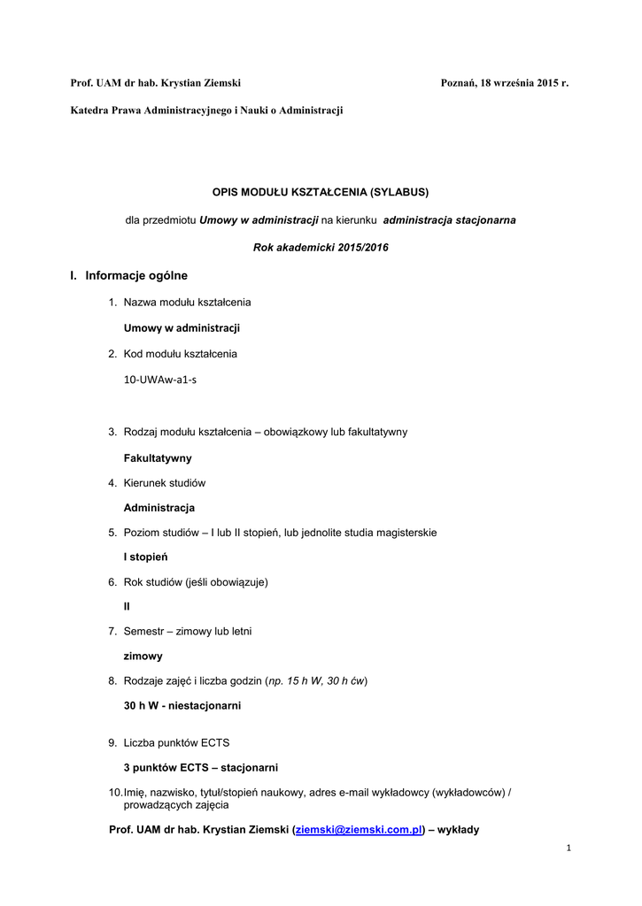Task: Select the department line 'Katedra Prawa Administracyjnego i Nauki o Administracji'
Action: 206,110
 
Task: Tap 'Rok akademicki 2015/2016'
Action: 321,247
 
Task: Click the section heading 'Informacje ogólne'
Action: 136,276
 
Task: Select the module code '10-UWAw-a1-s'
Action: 160,379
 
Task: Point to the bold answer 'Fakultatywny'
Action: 158,458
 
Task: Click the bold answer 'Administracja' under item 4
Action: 159,508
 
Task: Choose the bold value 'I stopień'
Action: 146,557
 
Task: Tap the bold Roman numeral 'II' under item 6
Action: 127,607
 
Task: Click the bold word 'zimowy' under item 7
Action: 143,656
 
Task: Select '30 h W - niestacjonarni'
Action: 182,706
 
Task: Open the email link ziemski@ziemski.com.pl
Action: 360,830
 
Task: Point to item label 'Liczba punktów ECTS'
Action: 176,742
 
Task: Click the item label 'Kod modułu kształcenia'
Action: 180,354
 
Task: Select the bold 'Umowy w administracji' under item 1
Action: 182,327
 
